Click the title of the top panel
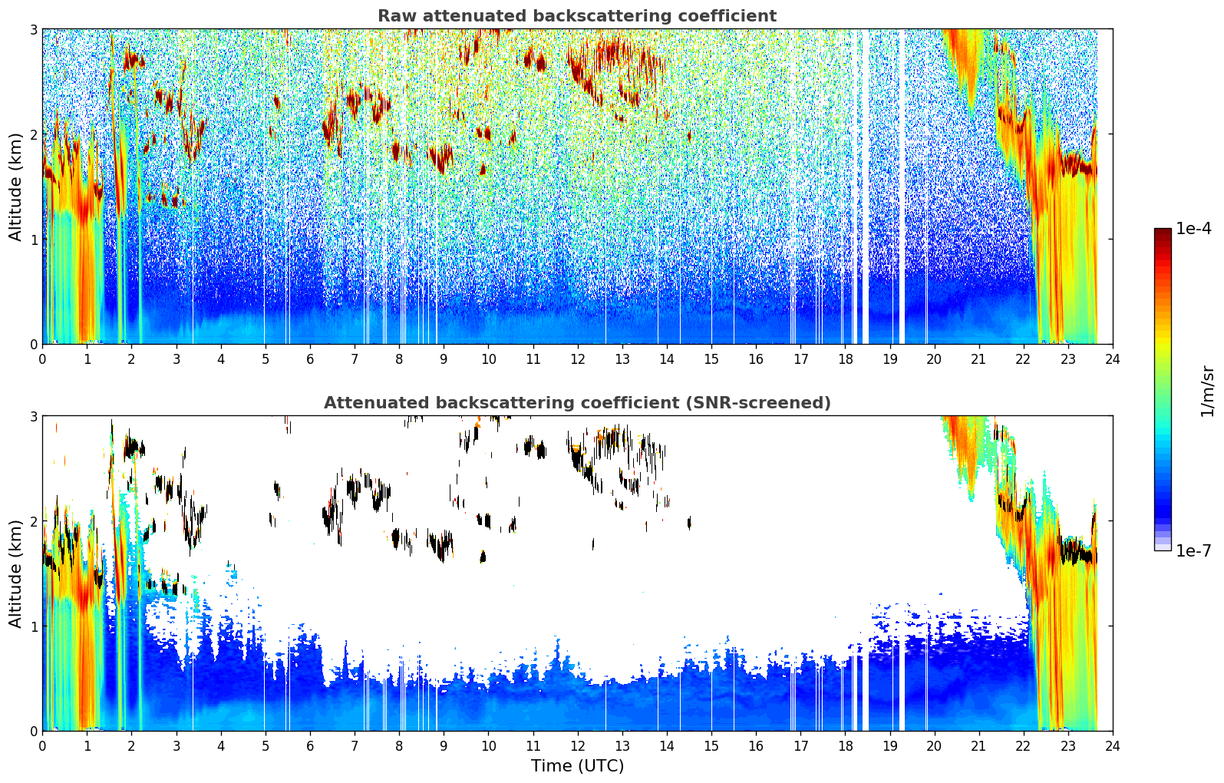577,16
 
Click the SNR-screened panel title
577,403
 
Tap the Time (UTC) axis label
577,766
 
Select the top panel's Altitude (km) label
15,187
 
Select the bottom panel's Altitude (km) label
15,573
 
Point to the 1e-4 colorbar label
1193,229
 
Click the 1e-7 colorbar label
1193,550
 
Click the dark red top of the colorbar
1163,232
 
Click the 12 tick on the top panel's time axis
578,359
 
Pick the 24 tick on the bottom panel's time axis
1113,746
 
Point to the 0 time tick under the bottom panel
43,746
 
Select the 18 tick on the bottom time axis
846,746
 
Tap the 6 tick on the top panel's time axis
310,359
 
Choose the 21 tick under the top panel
978,359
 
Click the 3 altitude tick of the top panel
33,29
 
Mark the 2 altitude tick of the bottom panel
33,522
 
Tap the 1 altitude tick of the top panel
33,240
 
